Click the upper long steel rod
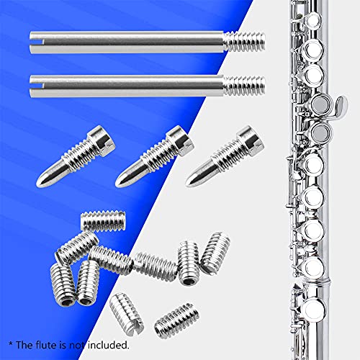coord(130,42)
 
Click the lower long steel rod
coord(130,85)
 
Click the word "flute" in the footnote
coord(50,344)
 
